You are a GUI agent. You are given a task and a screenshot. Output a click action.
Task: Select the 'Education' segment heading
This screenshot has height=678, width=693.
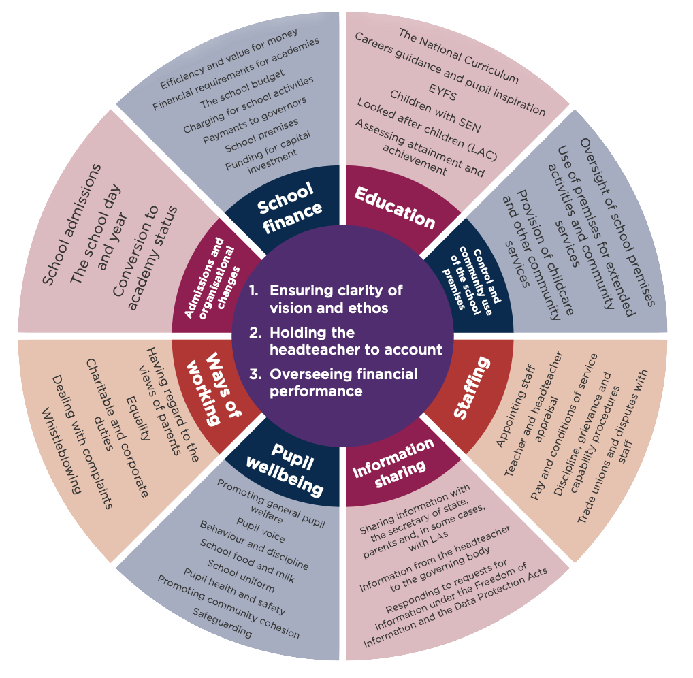tap(394, 206)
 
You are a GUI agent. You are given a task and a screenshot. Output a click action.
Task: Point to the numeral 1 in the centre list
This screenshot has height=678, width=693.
tap(253, 291)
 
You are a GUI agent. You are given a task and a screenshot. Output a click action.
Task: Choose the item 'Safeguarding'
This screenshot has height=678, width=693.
tap(222, 623)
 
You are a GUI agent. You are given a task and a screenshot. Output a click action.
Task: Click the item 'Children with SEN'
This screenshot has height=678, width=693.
tap(434, 110)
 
